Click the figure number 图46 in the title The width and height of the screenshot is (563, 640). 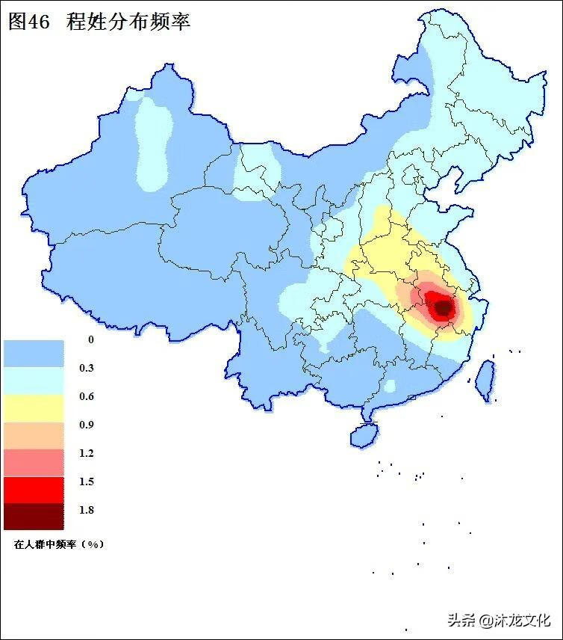point(28,22)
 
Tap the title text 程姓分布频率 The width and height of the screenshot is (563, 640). point(128,22)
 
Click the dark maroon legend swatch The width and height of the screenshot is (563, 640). point(34,516)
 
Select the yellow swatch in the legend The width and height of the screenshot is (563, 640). point(34,408)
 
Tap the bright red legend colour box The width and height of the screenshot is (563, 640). point(34,489)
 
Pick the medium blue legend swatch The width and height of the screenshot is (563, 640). point(34,353)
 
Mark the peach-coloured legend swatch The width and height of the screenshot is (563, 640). point(34,435)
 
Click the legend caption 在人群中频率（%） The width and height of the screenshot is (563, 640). point(58,544)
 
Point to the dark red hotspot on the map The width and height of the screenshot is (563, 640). point(443,307)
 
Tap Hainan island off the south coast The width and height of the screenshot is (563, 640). point(363,434)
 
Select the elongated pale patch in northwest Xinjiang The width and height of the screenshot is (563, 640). point(155,142)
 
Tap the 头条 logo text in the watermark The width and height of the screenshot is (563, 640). point(462,620)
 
